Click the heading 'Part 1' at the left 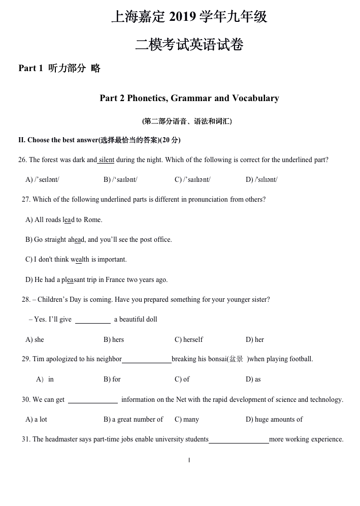pyautogui.click(x=30, y=69)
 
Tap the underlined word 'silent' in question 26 pyautogui.click(x=106, y=160)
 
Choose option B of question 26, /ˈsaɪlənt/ pyautogui.click(x=120, y=179)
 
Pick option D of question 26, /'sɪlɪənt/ pyautogui.click(x=261, y=179)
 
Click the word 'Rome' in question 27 pyautogui.click(x=93, y=219)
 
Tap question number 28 pyautogui.click(x=26, y=299)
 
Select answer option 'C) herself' pyautogui.click(x=188, y=339)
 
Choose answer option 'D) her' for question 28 pyautogui.click(x=255, y=339)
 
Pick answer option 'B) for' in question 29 pyautogui.click(x=112, y=379)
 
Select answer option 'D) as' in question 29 pyautogui.click(x=253, y=379)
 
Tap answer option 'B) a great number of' pyautogui.click(x=133, y=419)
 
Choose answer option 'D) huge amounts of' pyautogui.click(x=274, y=419)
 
